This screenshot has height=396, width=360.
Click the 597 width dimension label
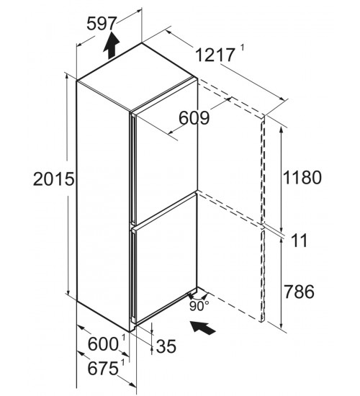pyautogui.click(x=102, y=24)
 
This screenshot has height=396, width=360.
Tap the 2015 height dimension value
pyautogui.click(x=54, y=179)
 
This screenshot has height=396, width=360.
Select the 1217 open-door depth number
pyautogui.click(x=215, y=55)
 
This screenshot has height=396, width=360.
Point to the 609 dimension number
pyautogui.click(x=194, y=117)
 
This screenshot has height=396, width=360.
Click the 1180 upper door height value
pyautogui.click(x=302, y=177)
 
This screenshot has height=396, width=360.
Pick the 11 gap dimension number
pyautogui.click(x=300, y=240)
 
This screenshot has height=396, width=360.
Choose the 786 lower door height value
pyautogui.click(x=300, y=291)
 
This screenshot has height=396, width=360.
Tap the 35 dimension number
pyautogui.click(x=166, y=346)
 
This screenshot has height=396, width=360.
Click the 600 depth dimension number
pyautogui.click(x=103, y=344)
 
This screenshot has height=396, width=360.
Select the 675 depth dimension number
pyautogui.click(x=103, y=368)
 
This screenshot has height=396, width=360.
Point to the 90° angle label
pyautogui.click(x=199, y=306)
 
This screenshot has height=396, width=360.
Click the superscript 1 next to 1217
pyautogui.click(x=242, y=48)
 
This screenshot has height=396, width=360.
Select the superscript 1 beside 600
pyautogui.click(x=124, y=338)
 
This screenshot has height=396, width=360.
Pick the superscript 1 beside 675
pyautogui.click(x=123, y=363)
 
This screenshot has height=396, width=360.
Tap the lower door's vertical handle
pyautogui.click(x=132, y=276)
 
